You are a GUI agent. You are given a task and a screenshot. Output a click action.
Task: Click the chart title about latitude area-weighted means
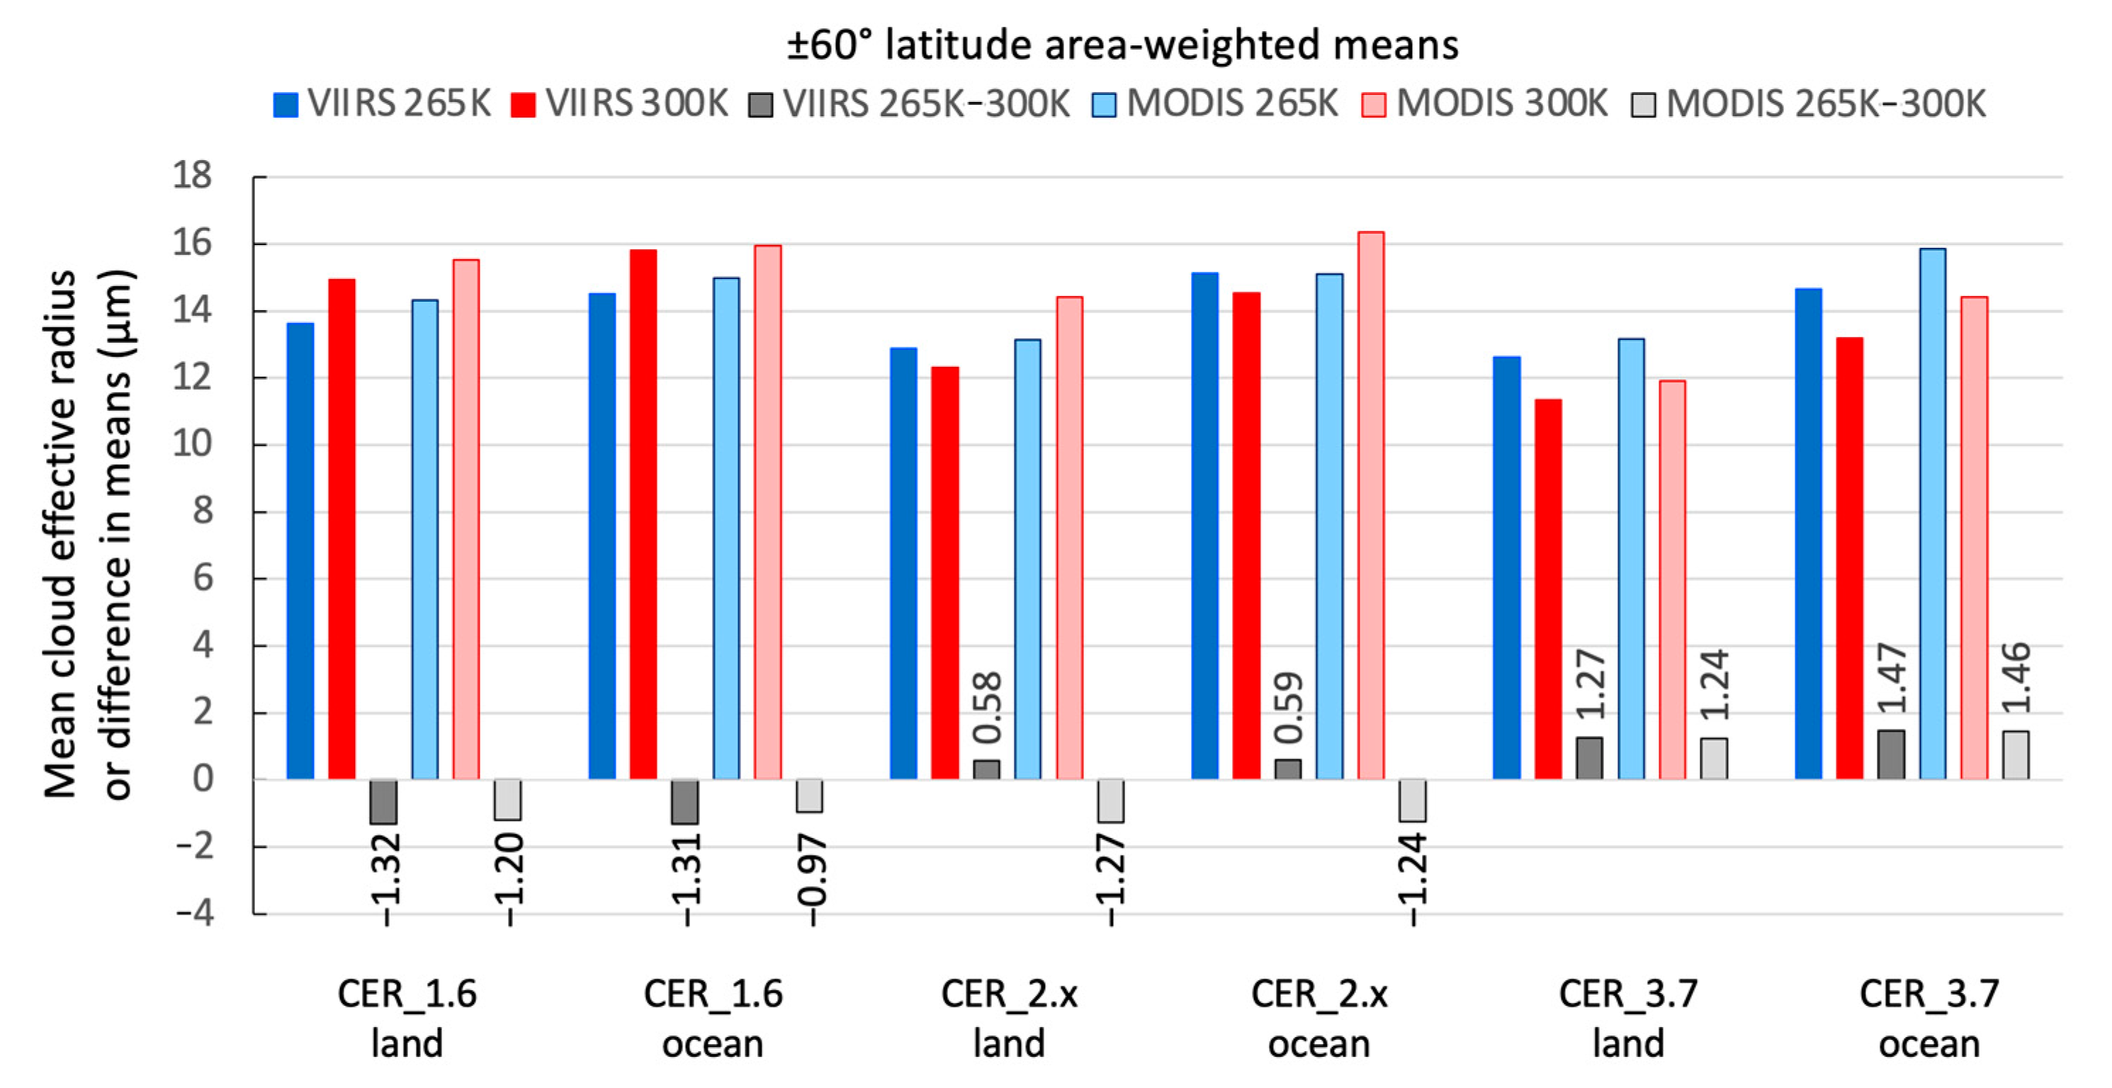pos(1122,45)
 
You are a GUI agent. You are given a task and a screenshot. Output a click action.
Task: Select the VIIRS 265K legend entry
pos(382,104)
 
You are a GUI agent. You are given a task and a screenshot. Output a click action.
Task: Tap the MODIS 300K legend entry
pos(1485,104)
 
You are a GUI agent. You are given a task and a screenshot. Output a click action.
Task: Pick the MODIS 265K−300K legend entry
pos(1809,104)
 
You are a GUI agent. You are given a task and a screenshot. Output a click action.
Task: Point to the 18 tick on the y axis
pos(192,176)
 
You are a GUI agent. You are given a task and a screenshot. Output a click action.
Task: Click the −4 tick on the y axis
pos(195,912)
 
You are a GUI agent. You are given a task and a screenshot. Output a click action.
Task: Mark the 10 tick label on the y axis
pos(192,444)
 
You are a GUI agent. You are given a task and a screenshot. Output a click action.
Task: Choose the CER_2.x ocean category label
pos(1318,1019)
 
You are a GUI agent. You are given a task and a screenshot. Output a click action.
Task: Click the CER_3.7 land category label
pos(1627,1019)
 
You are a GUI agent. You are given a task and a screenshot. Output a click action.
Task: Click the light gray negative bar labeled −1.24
pos(1413,800)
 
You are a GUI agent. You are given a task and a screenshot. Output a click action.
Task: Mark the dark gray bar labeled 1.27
pos(1589,759)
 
